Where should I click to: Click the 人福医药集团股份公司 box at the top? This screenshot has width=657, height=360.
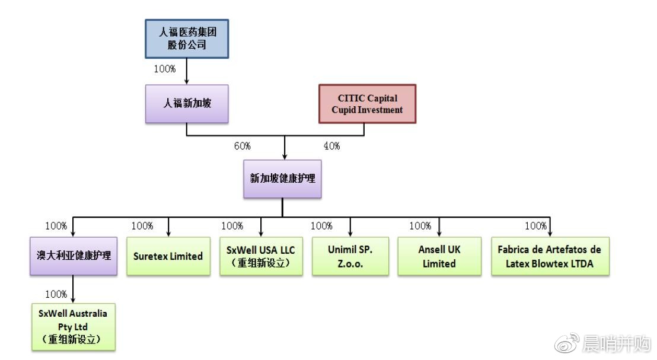click(187, 39)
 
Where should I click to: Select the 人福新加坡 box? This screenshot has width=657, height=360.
click(187, 103)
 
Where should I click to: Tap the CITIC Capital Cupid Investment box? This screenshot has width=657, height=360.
click(367, 104)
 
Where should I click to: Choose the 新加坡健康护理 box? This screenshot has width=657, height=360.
click(282, 179)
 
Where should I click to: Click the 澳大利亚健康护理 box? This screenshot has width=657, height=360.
click(74, 256)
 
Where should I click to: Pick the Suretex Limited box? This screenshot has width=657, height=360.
click(168, 256)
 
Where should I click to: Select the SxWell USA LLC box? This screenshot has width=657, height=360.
click(261, 256)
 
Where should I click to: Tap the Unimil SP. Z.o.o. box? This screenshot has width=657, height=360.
click(350, 256)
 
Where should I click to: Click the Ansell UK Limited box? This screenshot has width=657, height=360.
click(439, 256)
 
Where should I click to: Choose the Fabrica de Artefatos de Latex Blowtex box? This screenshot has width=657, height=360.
click(550, 256)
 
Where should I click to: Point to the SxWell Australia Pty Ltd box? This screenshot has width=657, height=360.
click(74, 326)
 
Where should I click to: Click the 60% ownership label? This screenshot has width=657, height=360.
click(242, 146)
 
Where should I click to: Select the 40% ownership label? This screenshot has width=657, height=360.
click(331, 146)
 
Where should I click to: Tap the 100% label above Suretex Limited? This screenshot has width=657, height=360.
click(142, 226)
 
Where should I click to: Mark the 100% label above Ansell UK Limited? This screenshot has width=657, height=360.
click(420, 226)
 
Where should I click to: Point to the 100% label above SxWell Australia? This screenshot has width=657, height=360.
click(56, 294)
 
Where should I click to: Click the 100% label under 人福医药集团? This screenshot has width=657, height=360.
click(165, 69)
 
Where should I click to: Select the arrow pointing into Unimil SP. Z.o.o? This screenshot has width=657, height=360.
click(350, 231)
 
